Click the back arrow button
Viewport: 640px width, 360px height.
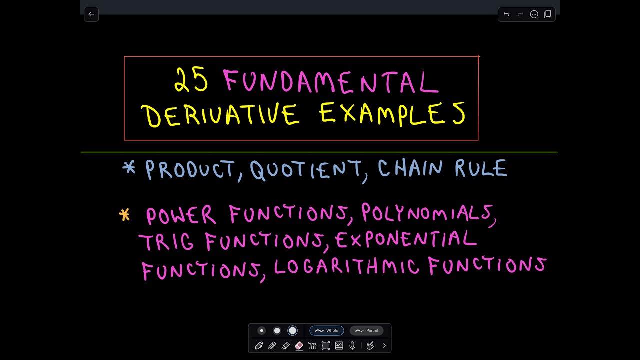coord(91,14)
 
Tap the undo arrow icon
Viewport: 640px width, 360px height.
coord(506,14)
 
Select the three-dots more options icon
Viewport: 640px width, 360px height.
coord(534,14)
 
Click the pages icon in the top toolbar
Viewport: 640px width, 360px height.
coord(547,14)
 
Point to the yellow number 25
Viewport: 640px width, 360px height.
coord(191,81)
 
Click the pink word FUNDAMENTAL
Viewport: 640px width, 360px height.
coord(331,82)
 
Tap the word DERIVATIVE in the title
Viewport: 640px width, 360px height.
coord(221,114)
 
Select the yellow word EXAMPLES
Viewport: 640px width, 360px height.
coord(392,113)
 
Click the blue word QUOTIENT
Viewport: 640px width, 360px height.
coord(305,170)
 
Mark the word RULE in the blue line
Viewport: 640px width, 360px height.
coord(481,169)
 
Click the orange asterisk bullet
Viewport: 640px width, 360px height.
coord(124,215)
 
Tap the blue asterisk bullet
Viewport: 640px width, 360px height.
coord(129,168)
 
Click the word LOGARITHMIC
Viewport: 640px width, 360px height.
coord(346,266)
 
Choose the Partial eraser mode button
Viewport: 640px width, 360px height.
coord(367,330)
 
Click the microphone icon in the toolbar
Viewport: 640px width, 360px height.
coord(352,345)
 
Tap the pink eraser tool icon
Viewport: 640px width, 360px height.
coord(299,345)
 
